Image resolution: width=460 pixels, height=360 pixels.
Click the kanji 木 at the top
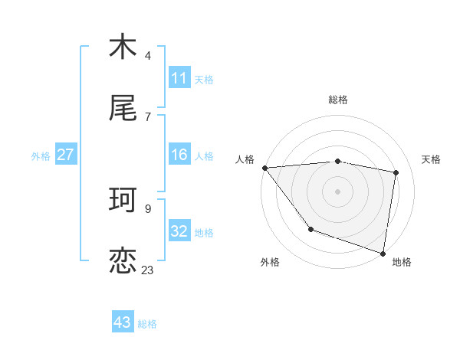[123, 47]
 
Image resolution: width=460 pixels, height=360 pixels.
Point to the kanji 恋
[123, 261]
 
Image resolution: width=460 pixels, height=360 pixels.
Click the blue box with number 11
[179, 78]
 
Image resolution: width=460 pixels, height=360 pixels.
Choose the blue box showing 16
[179, 155]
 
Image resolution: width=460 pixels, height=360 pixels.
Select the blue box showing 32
[179, 231]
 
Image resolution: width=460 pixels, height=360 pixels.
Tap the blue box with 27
[65, 155]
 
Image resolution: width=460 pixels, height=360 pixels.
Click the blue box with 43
[123, 322]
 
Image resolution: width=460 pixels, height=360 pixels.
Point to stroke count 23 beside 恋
[147, 270]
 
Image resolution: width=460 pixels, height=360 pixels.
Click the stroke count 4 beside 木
[148, 55]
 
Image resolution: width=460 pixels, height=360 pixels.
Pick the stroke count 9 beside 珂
[148, 208]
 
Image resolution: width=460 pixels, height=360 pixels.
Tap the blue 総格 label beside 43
[147, 323]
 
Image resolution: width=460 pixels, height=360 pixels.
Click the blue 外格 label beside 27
[41, 155]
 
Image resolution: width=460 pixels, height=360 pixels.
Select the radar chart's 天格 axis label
[432, 159]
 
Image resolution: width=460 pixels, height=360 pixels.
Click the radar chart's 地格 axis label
[402, 262]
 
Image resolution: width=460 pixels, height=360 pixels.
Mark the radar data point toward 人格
[264, 168]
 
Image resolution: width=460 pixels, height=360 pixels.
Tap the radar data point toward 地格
[383, 253]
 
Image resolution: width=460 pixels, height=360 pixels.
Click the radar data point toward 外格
[310, 229]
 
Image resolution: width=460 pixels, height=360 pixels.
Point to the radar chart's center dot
[337, 191]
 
